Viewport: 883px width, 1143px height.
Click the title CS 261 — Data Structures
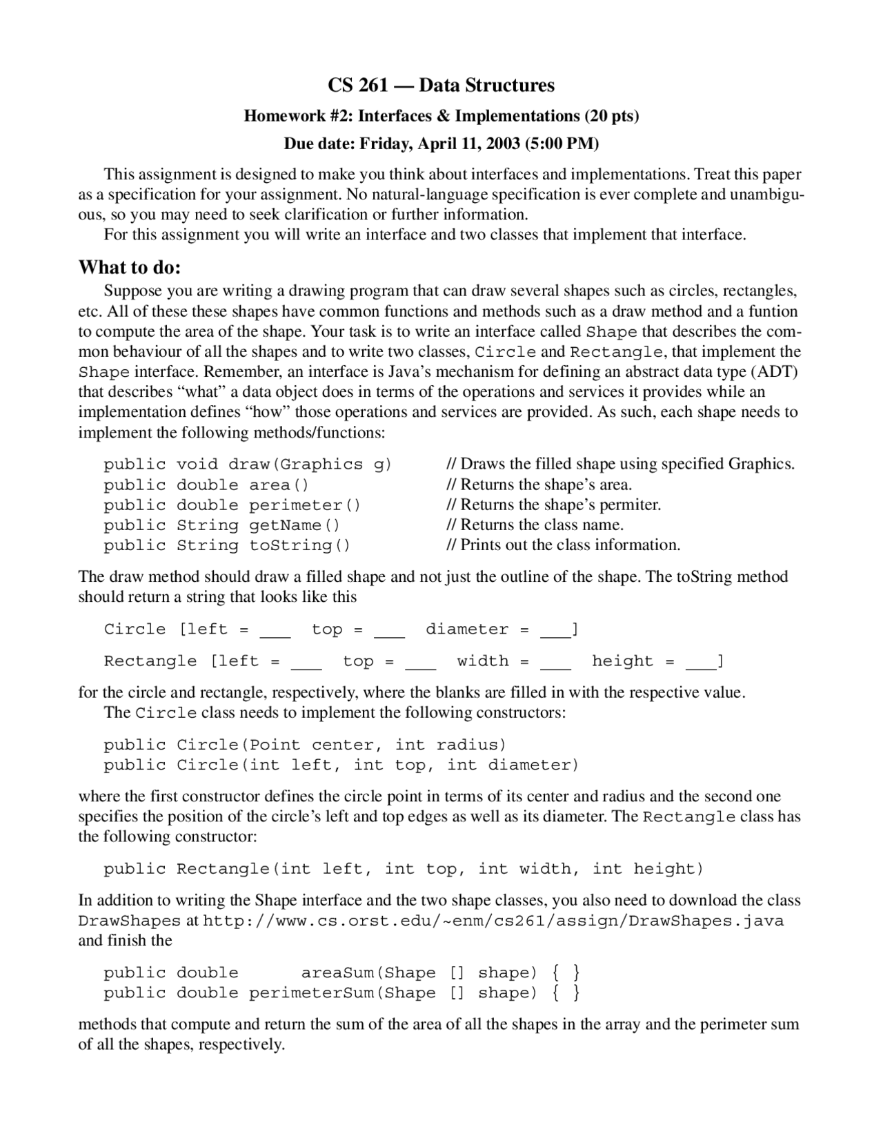point(441,85)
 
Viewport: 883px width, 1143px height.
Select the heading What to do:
point(130,266)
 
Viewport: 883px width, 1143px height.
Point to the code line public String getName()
point(222,525)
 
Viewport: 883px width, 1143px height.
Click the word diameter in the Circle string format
point(467,629)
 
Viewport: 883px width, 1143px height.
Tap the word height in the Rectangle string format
point(622,661)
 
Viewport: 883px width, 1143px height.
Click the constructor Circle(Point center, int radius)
point(305,745)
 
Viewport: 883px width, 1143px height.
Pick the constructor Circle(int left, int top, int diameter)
point(341,765)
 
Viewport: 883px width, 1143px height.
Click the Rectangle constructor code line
point(404,868)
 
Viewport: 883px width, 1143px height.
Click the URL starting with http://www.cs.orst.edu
point(493,921)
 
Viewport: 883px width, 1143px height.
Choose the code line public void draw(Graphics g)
point(248,465)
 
